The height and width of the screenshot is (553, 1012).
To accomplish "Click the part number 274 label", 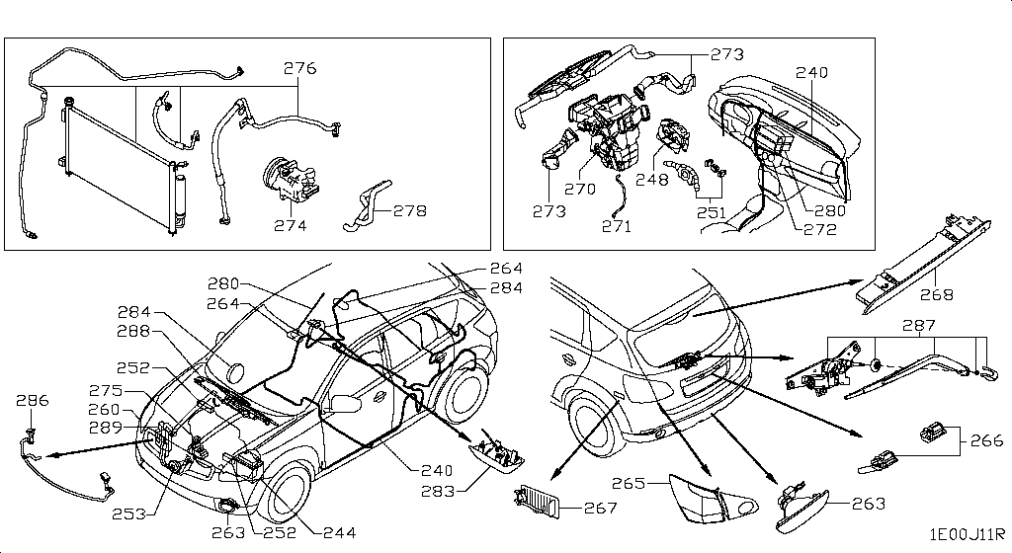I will [x=291, y=225].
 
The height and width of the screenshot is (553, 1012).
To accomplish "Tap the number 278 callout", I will [x=409, y=211].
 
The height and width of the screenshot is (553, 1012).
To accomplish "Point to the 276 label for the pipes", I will [x=300, y=69].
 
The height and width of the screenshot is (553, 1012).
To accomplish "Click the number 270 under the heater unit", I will [x=579, y=189].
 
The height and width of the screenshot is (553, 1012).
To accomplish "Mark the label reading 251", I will [x=710, y=212].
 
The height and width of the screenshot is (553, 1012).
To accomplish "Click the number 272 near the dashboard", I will [x=820, y=230].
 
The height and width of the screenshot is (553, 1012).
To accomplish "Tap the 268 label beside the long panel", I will [x=938, y=294].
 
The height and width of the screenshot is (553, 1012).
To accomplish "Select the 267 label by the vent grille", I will [x=601, y=509].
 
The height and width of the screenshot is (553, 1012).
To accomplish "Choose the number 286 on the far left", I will [x=32, y=402].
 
